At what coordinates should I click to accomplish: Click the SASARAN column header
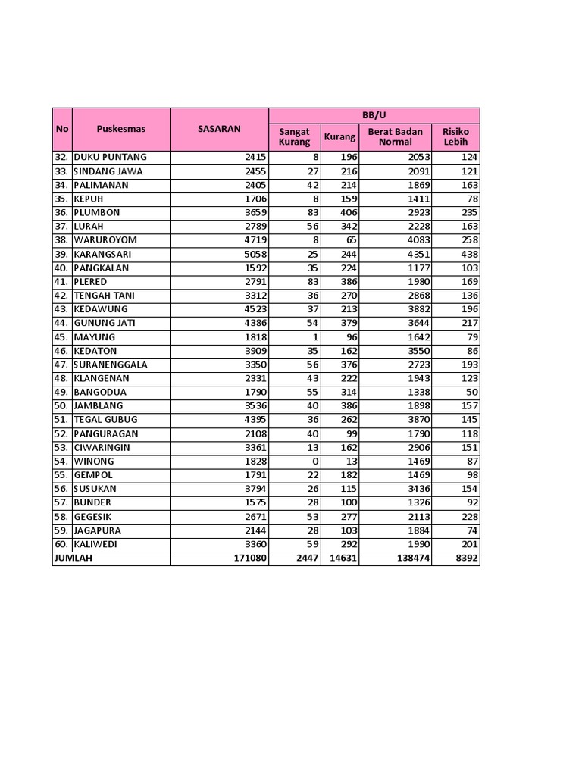coord(219,129)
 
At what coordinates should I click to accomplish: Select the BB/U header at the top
coord(374,114)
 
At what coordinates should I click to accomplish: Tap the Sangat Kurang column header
coord(295,136)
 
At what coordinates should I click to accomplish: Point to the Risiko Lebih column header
coord(455,136)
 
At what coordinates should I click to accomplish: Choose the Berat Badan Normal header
coord(395,136)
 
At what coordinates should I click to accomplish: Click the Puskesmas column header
coord(121,129)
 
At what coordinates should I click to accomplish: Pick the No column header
coord(62,129)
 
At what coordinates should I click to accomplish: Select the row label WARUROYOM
coord(105,240)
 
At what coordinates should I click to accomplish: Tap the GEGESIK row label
coord(94,516)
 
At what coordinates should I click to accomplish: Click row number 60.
coord(61,544)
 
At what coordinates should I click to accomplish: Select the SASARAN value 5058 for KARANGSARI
coord(255,254)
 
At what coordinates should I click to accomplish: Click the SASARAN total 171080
coord(249,558)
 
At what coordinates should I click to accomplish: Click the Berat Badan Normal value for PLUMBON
coord(418,213)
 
